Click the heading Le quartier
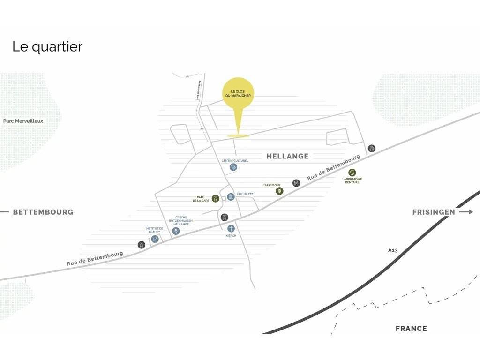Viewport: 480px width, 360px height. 47,47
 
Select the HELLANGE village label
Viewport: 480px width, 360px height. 287,156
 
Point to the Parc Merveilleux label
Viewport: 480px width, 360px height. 23,121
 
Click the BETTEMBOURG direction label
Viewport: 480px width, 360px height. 43,212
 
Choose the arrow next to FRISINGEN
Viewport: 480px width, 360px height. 466,212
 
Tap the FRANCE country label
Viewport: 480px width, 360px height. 411,329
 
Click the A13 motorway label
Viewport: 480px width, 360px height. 393,250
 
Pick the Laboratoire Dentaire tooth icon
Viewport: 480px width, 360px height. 352,172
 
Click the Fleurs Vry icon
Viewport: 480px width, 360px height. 279,191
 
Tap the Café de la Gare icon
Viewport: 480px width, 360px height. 216,198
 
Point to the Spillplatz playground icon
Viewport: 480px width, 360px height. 231,197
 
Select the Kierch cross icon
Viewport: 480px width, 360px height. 231,228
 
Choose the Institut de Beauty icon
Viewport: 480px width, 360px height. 155,239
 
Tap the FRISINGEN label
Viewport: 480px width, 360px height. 434,212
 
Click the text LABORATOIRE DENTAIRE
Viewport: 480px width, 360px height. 352,180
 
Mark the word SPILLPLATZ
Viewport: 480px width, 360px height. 245,194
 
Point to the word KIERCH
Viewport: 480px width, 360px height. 231,236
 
